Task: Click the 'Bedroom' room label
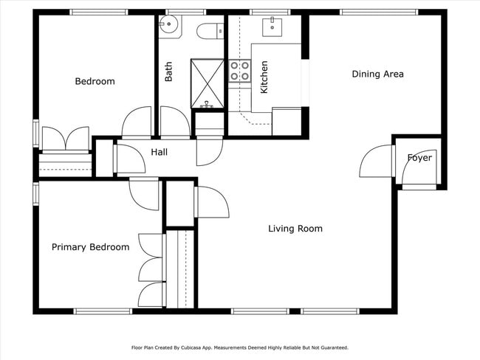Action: (95, 81)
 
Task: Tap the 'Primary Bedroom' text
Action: (90, 247)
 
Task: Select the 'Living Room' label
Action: (295, 229)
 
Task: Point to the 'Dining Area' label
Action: (377, 74)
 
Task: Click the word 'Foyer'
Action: (419, 158)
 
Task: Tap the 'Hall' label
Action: (159, 152)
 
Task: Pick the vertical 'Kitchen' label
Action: (264, 77)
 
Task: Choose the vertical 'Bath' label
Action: (169, 71)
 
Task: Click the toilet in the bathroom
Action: (209, 31)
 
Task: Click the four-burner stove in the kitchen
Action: (239, 70)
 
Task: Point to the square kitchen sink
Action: (272, 27)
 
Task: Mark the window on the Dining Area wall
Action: (378, 12)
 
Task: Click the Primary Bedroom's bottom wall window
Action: (103, 311)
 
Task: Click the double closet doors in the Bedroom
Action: (66, 139)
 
